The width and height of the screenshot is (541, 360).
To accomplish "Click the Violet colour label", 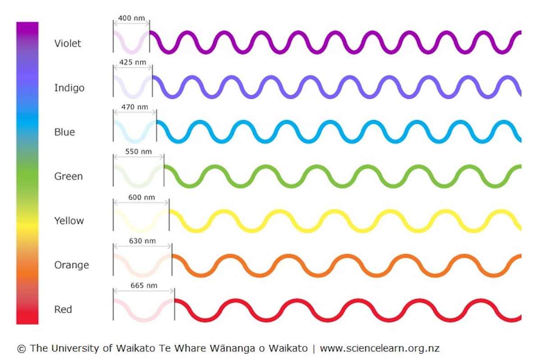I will pos(68,44).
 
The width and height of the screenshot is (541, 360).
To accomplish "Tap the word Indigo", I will pos(69,88).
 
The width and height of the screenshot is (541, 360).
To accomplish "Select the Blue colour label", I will pos(64,132).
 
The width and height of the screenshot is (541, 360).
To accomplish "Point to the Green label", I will pos(69,176).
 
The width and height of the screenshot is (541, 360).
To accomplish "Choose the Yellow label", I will pos(69,221).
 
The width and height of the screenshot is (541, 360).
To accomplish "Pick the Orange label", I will pos(71,265).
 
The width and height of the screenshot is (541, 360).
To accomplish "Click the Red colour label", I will pos(63,309).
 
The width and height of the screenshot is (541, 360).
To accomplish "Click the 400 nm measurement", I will pos(131,18).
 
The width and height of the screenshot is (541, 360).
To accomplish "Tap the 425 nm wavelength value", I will pos(133,62).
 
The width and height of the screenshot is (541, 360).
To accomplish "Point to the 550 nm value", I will pos(138,152).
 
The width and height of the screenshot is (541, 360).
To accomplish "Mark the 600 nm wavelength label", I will pos(141,197).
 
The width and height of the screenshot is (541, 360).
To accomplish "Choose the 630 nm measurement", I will pos(142,241).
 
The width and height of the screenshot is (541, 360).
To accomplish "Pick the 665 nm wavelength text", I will pos(144,286).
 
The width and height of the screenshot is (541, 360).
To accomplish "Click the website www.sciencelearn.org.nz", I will pos(380,348).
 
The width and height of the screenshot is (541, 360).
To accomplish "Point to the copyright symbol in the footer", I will pos(21,349).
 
